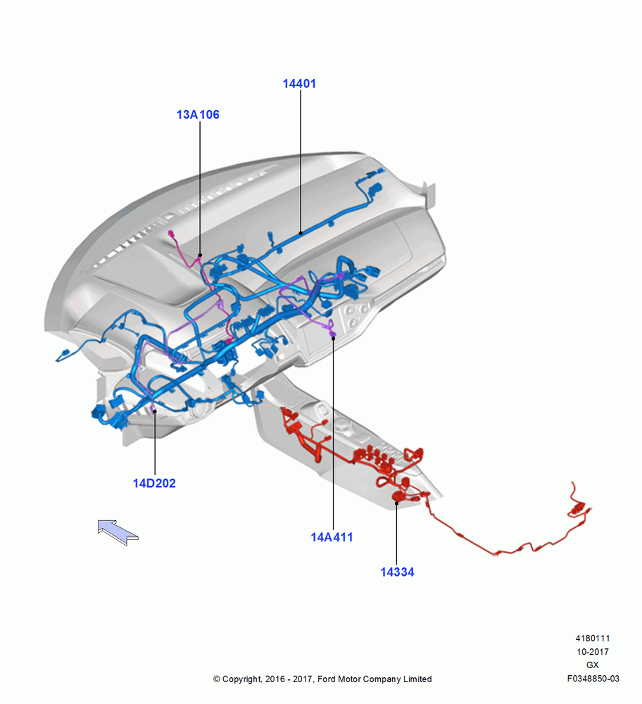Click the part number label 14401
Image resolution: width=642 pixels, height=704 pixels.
[299, 84]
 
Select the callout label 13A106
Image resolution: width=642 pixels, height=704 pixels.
[198, 115]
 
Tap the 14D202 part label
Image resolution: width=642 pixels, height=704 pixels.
[154, 483]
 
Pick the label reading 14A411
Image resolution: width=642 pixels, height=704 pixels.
[332, 537]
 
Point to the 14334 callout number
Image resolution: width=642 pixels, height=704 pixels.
[397, 572]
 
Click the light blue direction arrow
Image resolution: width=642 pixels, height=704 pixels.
[118, 532]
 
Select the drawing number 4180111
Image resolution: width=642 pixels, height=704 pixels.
[593, 638]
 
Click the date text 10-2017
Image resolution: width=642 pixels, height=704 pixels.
[593, 651]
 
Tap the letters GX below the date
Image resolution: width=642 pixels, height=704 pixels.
[593, 665]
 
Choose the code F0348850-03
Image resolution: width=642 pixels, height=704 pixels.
[593, 679]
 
